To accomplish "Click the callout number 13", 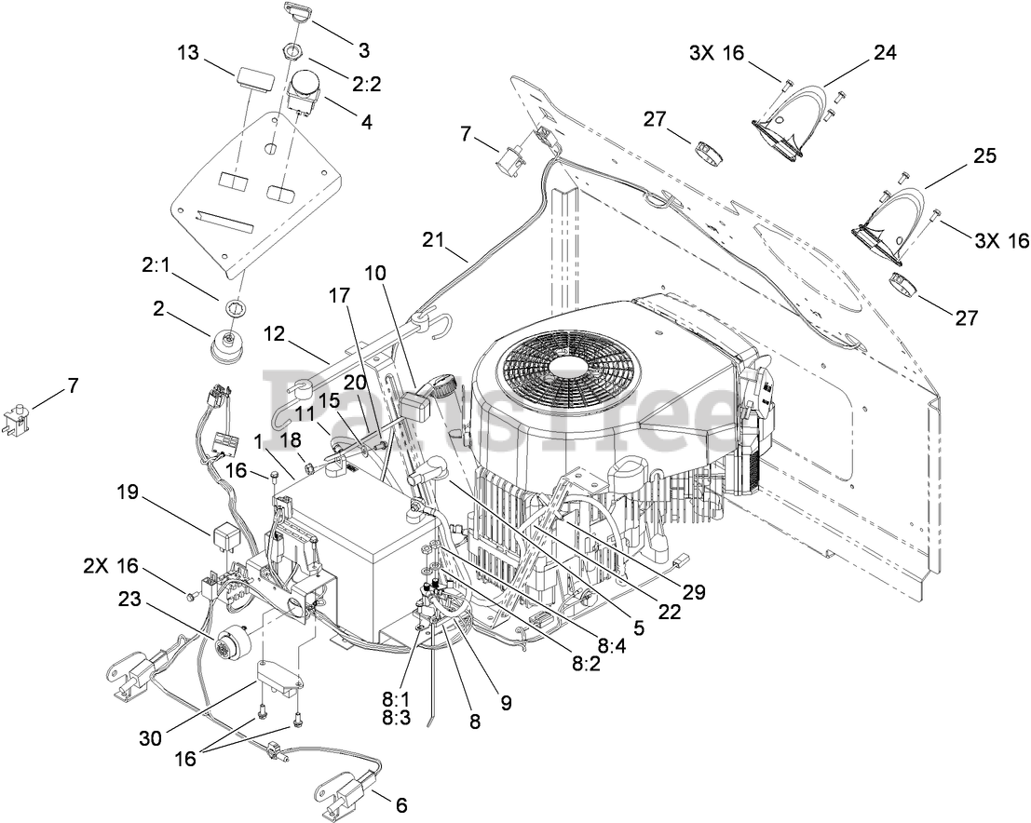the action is pos(188,52).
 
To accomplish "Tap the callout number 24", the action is pos(885,52).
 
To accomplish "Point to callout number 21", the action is pos(434,240).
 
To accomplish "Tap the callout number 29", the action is pos(693,591).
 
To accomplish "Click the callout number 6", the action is pos(401,804).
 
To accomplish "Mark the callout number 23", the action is pos(130,599).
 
